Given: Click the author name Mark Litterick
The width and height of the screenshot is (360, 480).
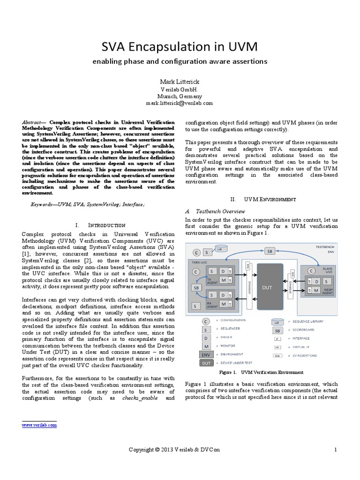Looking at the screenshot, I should coord(180,82).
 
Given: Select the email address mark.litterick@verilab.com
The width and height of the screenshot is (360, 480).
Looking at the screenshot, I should coord(180,103).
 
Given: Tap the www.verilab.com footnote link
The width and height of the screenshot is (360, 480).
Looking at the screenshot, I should coord(39,425).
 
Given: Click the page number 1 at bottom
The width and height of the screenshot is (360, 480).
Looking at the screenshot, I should coord(336,450).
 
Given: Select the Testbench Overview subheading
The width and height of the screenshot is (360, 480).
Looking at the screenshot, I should coord(217,211).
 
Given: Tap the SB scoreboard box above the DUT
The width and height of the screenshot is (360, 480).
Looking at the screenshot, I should coord(270,251).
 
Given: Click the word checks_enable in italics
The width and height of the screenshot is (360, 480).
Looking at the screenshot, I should coord(138,398).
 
